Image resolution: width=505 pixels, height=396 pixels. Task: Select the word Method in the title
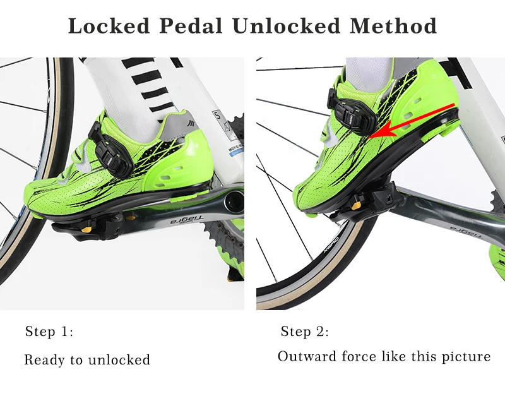394,27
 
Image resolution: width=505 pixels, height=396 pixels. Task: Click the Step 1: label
49,332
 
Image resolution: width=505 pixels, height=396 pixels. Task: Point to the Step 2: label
305,332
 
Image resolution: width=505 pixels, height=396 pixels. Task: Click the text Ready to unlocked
87,360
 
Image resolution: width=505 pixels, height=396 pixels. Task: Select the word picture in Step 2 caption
467,356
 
